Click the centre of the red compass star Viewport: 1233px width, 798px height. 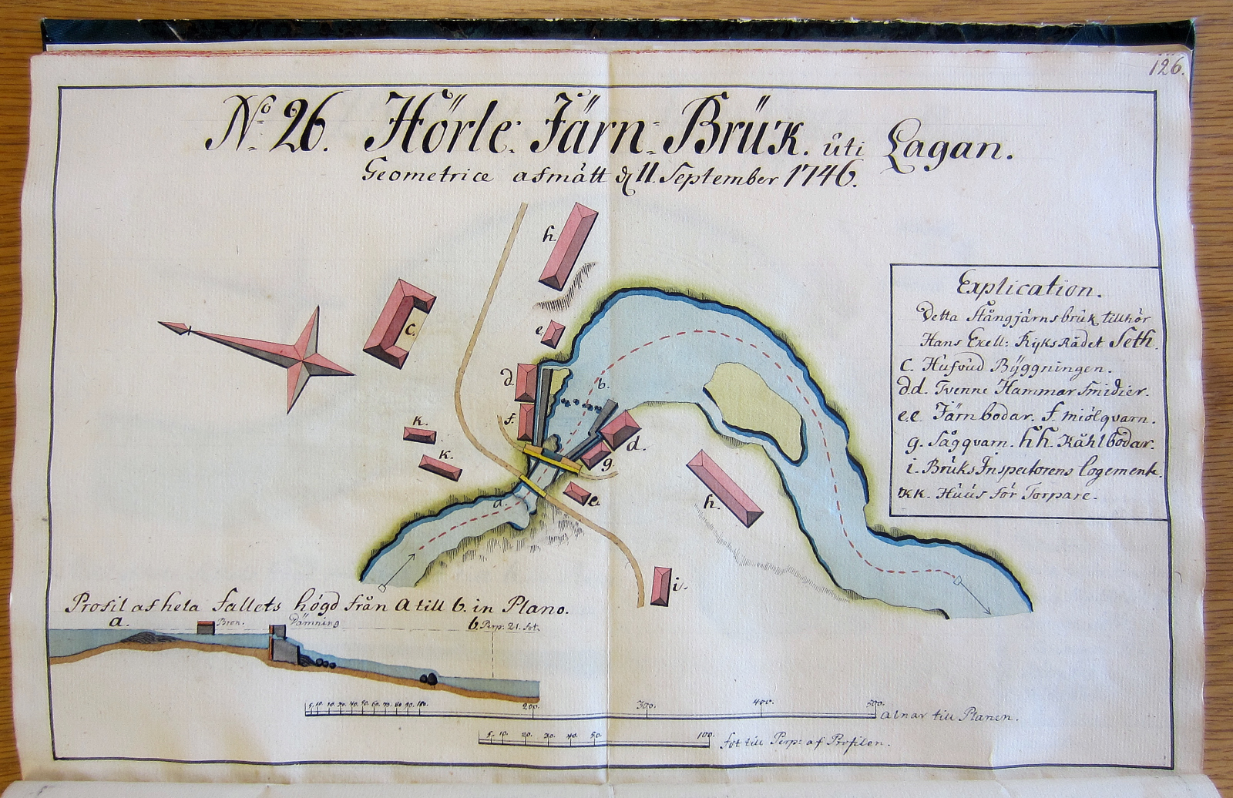click(x=305, y=359)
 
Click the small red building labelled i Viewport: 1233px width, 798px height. click(x=660, y=587)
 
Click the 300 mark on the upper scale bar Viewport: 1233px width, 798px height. click(x=644, y=702)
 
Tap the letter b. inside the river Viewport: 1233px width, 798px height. click(x=603, y=383)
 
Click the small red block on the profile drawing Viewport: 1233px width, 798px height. click(x=206, y=628)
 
